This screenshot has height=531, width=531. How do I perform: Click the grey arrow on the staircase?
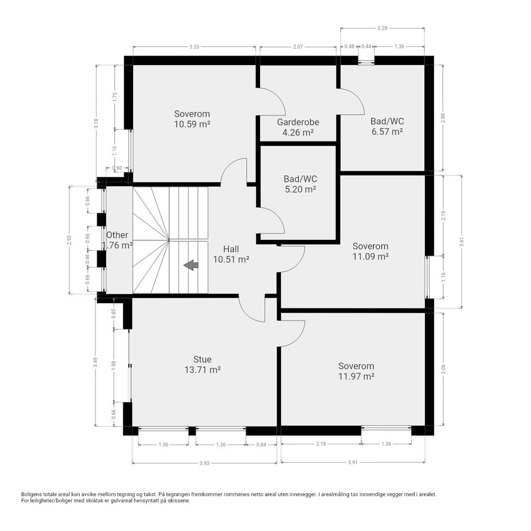(191, 265)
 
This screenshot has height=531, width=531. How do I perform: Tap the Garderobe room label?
(298, 122)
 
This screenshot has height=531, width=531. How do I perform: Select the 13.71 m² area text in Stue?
(202, 369)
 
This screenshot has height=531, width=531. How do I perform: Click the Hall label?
(231, 249)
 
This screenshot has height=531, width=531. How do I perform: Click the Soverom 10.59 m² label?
(192, 119)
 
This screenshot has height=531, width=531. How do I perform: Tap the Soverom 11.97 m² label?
(356, 371)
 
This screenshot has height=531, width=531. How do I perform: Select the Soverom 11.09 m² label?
(370, 251)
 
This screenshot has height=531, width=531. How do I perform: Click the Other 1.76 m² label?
(117, 240)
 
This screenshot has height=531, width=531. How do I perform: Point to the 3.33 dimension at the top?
(194, 46)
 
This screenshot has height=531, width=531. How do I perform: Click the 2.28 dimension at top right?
(382, 28)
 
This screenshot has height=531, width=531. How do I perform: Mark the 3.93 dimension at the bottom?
(204, 463)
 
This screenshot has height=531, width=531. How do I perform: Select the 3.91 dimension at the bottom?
(353, 463)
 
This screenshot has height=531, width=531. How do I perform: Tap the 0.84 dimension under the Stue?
(261, 444)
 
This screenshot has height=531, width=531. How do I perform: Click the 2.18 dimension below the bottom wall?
(321, 444)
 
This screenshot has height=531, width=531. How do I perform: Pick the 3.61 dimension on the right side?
(462, 241)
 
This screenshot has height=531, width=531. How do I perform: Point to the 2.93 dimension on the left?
(69, 239)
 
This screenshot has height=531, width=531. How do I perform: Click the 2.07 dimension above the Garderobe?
(297, 46)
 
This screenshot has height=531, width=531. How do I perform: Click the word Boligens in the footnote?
(31, 494)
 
